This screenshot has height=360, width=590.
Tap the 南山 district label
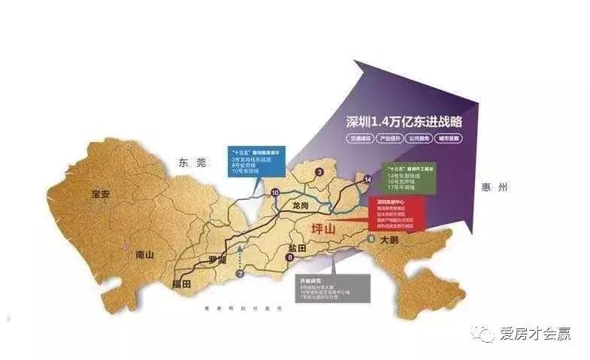(x=144, y=255)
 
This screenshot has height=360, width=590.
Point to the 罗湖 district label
(x=217, y=260)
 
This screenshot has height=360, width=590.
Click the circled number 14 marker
(x=368, y=180)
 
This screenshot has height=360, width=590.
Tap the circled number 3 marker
(x=319, y=173)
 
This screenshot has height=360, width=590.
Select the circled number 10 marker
(x=275, y=192)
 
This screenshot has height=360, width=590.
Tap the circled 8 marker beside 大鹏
(x=371, y=238)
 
